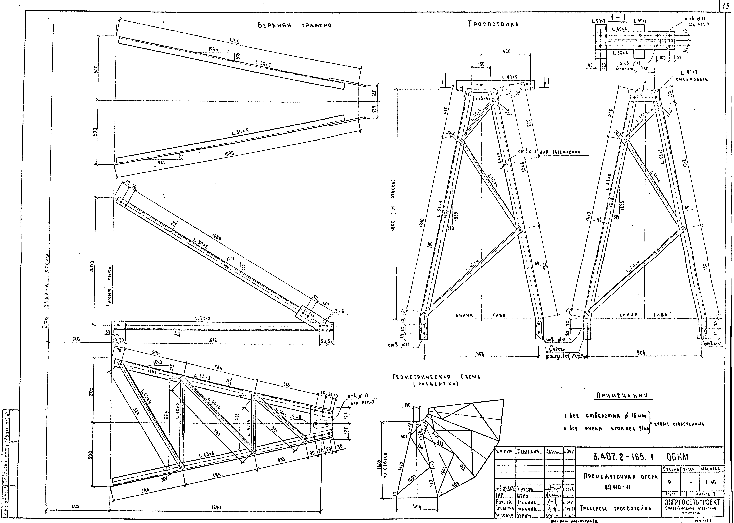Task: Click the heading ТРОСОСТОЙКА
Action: coord(493,24)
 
